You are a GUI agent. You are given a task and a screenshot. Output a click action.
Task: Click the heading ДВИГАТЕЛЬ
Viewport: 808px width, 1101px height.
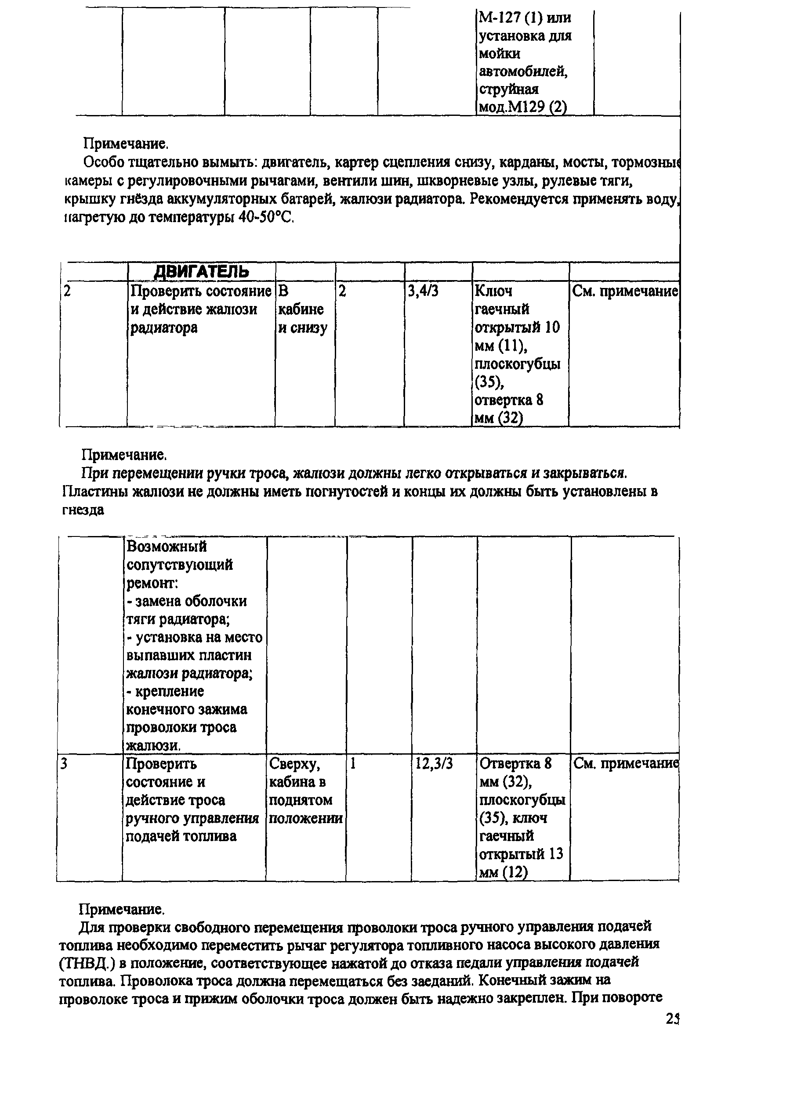pyautogui.click(x=201, y=271)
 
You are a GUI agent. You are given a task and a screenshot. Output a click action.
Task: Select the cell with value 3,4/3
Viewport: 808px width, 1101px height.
pyautogui.click(x=423, y=291)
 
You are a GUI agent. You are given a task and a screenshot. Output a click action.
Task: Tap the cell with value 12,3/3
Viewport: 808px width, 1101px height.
pyautogui.click(x=434, y=764)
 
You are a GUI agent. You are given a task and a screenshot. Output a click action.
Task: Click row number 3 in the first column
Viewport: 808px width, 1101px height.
pyautogui.click(x=64, y=764)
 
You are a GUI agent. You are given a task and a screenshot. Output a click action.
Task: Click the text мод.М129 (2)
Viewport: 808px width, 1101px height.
pyautogui.click(x=522, y=107)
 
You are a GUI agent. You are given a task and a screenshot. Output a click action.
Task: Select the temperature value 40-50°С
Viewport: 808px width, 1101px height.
pyautogui.click(x=266, y=217)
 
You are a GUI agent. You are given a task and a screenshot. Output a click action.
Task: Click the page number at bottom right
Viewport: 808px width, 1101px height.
pyautogui.click(x=673, y=1019)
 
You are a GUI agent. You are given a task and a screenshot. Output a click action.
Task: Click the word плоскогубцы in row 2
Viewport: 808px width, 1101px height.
pyautogui.click(x=518, y=364)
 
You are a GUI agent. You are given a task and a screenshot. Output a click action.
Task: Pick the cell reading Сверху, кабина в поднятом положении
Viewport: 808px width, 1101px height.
pyautogui.click(x=306, y=791)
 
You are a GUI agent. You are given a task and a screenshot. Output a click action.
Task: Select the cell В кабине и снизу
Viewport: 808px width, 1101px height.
pyautogui.click(x=302, y=309)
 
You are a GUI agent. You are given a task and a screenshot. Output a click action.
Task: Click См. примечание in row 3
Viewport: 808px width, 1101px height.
pyautogui.click(x=626, y=764)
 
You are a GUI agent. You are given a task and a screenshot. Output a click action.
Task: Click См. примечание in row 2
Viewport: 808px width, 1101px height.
pyautogui.click(x=625, y=291)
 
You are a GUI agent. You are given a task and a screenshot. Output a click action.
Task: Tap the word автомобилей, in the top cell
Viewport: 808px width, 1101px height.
pyautogui.click(x=523, y=72)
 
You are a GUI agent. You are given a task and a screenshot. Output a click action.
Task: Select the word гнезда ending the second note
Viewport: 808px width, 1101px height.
pyautogui.click(x=83, y=510)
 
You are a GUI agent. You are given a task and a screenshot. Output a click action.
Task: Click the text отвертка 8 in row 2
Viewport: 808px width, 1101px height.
pyautogui.click(x=509, y=400)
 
